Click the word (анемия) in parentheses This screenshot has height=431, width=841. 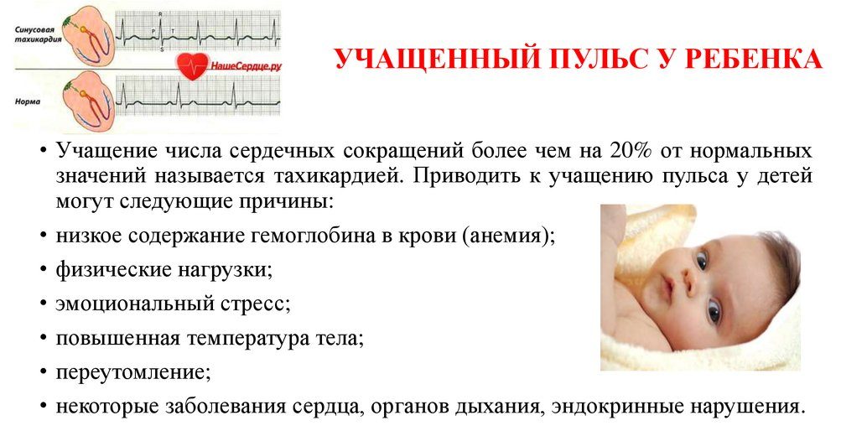coord(508,236)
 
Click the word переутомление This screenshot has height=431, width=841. coord(132,371)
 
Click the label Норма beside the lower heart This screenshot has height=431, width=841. coord(28,100)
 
